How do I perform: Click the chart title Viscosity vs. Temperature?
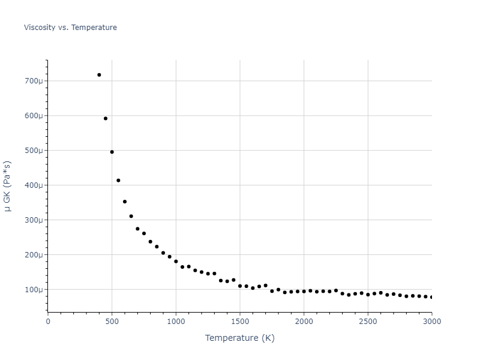point(70,28)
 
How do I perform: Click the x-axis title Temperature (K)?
point(239,338)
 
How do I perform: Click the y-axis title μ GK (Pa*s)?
point(8,186)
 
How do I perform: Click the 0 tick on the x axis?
point(48,321)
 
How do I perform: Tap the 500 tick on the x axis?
point(112,321)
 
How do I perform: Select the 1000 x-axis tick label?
point(176,321)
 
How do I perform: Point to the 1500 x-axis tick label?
point(240,321)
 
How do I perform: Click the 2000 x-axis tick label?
point(304,321)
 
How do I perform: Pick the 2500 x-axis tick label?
point(368,321)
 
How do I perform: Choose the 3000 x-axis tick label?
point(431,321)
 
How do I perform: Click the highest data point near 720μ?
point(99,75)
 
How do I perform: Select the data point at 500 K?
point(112,152)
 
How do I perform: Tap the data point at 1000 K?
point(176,262)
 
